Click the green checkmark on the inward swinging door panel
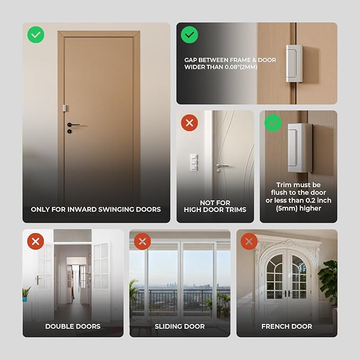pos(36,36)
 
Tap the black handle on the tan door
pos(73,125)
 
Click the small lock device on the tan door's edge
pos(65,108)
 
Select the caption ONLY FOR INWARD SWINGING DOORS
pos(96,209)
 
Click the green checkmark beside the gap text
pos(189,36)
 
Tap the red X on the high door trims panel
pos(189,124)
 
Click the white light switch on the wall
pos(194,161)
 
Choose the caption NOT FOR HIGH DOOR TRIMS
pos(215,206)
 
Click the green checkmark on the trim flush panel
pos(273,123)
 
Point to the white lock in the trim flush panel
pos(300,147)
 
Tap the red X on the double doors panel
pos(36,242)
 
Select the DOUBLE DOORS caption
pos(73,326)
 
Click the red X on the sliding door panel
pos(142,242)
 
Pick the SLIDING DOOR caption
pos(180,326)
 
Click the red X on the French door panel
pos(249,242)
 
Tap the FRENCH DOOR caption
pos(287,326)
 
